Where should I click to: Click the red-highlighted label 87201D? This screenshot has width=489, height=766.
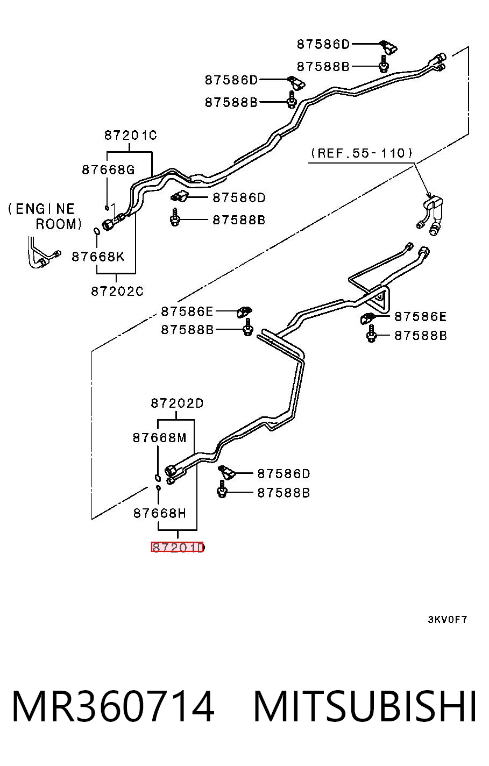click(x=177, y=548)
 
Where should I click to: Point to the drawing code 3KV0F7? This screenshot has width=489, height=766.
click(x=447, y=620)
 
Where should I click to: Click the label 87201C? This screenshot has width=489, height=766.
click(x=130, y=136)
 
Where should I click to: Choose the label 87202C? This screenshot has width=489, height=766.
click(x=117, y=292)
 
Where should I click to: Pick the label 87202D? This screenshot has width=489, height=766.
click(x=177, y=403)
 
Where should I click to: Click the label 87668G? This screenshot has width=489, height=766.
click(x=108, y=170)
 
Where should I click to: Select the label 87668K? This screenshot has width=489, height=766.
click(x=97, y=257)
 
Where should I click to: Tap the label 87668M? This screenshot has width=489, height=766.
click(x=159, y=438)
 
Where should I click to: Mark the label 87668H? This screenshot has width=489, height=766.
click(x=159, y=513)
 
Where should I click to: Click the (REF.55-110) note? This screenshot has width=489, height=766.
click(x=362, y=153)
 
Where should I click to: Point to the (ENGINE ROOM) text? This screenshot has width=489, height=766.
click(x=45, y=216)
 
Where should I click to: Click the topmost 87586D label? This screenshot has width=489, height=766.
click(x=323, y=45)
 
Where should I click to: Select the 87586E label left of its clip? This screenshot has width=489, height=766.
click(x=187, y=311)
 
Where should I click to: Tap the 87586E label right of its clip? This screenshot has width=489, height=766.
click(x=420, y=317)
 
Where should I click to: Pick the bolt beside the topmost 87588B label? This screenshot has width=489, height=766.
click(x=384, y=65)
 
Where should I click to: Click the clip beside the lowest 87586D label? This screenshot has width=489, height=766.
click(x=226, y=472)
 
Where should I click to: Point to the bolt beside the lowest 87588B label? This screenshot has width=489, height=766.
click(x=222, y=490)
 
